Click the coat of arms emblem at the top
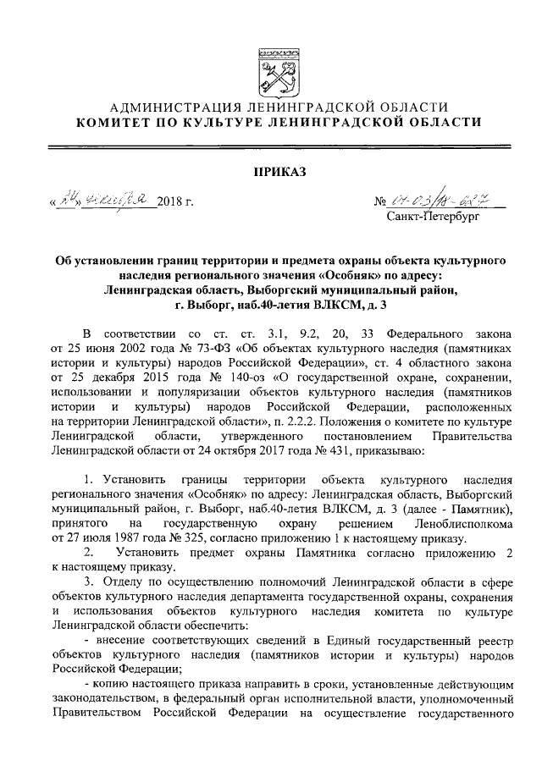click(271, 69)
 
